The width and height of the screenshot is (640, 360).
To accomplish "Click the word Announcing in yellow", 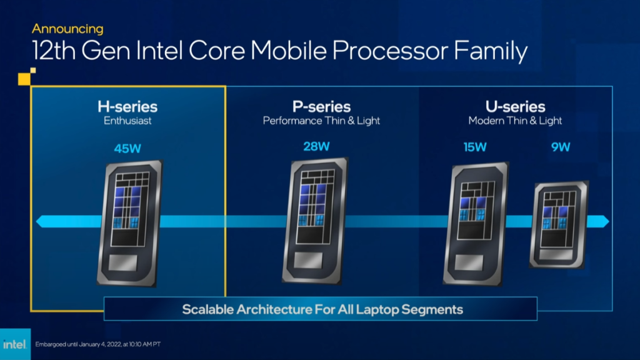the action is (67, 29).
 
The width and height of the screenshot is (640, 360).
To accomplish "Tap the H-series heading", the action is (127, 106).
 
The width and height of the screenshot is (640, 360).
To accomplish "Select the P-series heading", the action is (321, 106).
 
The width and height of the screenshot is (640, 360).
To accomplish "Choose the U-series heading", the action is (515, 106).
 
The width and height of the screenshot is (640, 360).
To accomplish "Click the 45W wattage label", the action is (127, 148).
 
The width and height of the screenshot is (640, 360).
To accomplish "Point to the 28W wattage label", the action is (316, 146).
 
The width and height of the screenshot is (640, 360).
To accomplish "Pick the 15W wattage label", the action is (475, 147).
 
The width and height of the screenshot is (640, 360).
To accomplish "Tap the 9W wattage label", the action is (561, 147).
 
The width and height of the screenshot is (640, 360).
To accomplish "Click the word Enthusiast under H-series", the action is (127, 121).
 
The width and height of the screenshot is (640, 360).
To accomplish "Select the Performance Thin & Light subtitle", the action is (321, 121).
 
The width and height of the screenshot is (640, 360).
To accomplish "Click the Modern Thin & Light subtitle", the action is (515, 121).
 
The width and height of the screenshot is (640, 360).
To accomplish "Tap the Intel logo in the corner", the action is (15, 344).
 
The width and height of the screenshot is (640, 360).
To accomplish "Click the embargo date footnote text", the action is (98, 344).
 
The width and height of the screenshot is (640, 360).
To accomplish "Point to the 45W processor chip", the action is (130, 223).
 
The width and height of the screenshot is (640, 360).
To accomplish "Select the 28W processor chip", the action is (315, 221).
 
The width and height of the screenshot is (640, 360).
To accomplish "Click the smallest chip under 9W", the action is (559, 225).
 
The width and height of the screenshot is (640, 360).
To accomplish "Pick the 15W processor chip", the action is (476, 223).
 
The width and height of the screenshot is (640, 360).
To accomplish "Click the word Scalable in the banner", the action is (207, 309).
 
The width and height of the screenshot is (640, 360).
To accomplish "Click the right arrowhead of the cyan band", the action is (602, 221).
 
